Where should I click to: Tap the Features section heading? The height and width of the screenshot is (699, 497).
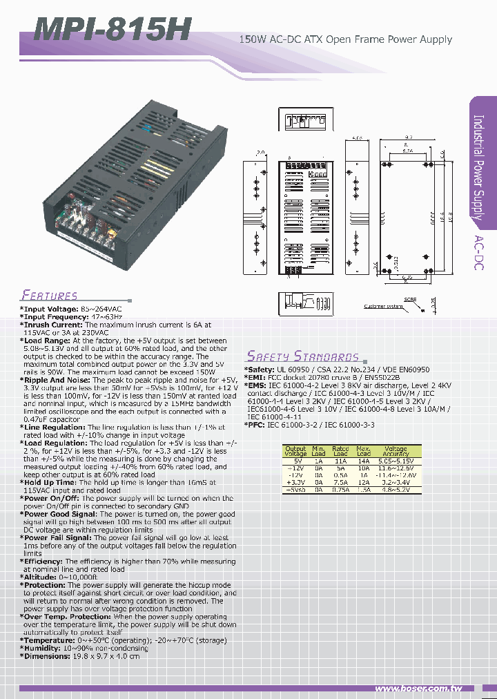(49, 295)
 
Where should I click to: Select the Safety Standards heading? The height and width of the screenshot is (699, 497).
(303, 356)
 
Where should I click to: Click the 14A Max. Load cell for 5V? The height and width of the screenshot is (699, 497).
(363, 460)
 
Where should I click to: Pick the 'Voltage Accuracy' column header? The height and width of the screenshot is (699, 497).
(396, 451)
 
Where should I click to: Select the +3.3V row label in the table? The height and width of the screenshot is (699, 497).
(295, 482)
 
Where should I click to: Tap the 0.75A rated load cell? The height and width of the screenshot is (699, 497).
(340, 490)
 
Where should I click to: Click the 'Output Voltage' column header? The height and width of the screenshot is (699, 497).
(295, 451)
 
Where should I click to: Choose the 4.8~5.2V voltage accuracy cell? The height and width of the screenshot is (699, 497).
(396, 490)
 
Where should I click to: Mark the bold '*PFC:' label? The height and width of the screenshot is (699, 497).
(257, 425)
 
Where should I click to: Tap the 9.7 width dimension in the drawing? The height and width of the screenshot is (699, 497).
(408, 138)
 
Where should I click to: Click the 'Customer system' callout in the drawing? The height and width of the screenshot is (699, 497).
(382, 306)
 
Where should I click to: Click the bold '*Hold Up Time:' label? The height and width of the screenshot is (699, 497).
(49, 483)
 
